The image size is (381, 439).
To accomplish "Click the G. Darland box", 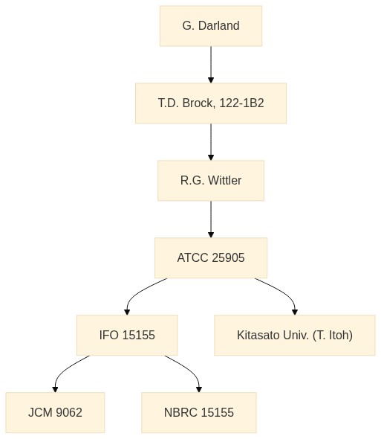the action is click(211, 26).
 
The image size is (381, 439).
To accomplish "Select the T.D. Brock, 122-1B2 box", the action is click(211, 103).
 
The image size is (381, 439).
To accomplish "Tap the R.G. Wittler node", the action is click(211, 181).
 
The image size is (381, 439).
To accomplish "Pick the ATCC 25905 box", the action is click(211, 258).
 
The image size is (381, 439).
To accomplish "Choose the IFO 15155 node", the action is click(127, 335).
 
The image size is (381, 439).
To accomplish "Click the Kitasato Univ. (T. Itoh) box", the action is click(295, 335).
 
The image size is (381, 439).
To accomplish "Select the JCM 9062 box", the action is click(55, 412).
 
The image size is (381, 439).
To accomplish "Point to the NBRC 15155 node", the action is click(199, 412).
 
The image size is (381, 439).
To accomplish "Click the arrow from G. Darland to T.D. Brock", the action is click(211, 65).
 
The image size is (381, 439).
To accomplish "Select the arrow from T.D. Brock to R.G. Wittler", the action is click(211, 142).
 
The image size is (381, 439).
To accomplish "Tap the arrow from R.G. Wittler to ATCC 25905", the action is click(211, 219).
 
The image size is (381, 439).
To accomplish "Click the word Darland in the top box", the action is click(218, 26).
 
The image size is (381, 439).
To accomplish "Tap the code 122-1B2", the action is click(241, 103).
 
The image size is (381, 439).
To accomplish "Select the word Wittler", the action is click(225, 180).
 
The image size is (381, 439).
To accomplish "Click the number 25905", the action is click(228, 258).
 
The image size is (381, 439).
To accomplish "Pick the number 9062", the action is click(69, 412).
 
